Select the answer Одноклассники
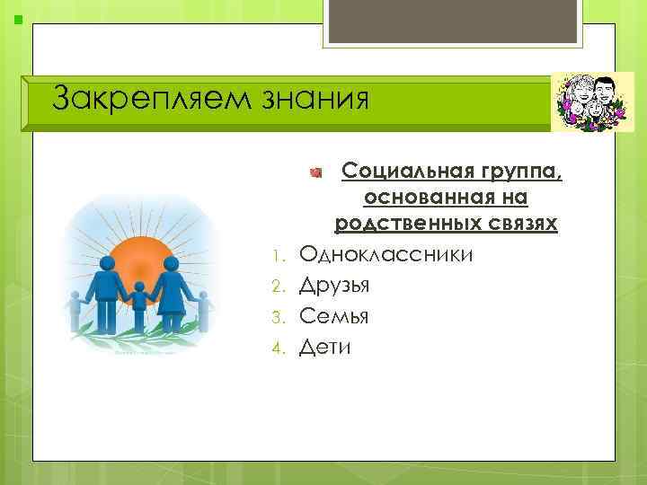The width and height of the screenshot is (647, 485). (386, 255)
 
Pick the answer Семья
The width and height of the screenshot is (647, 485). (334, 316)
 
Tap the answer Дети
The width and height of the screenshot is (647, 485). (325, 347)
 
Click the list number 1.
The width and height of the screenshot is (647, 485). (279, 257)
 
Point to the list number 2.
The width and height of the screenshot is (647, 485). (279, 287)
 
